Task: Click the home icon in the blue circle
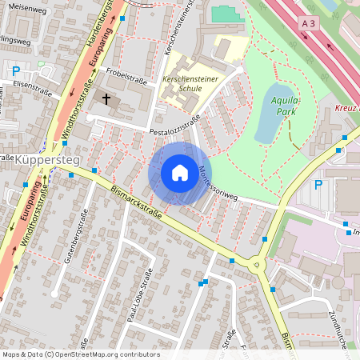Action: point(179,173)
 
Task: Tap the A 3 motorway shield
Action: point(310,25)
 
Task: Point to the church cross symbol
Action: point(106,98)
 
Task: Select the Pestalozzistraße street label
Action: point(172,129)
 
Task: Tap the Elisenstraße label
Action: point(32,89)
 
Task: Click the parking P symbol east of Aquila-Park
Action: point(318,185)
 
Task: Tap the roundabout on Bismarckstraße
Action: point(257,264)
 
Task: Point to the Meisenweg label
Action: point(24,6)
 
